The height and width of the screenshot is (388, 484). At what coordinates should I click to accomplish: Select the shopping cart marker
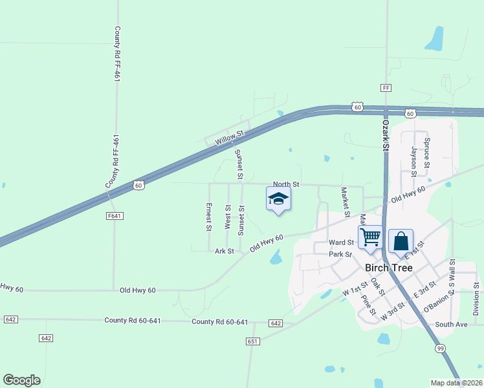click(370, 237)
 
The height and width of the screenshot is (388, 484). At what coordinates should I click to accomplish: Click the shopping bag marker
click(401, 242)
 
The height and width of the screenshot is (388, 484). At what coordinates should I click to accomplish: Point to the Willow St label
click(230, 136)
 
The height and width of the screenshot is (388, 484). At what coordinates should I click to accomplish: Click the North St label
click(286, 184)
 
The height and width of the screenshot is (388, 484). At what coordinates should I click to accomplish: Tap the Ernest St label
click(209, 217)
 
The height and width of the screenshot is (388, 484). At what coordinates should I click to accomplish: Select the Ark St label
click(224, 251)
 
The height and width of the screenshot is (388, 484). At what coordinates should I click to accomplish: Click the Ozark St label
click(385, 135)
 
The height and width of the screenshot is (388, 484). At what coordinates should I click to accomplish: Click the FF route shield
click(386, 87)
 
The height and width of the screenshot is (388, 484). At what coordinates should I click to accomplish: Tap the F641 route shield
click(115, 215)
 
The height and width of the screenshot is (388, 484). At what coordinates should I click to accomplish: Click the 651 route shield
click(252, 341)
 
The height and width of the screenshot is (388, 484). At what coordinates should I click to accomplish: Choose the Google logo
click(21, 380)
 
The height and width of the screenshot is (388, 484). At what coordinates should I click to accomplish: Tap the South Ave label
click(451, 324)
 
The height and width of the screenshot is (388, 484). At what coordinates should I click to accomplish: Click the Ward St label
click(341, 242)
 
